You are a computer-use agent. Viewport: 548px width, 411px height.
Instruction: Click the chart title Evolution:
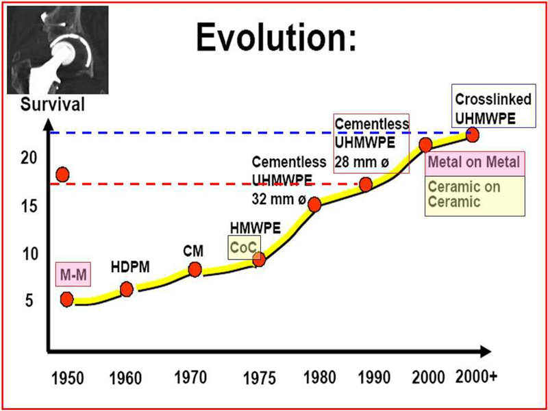[276, 38]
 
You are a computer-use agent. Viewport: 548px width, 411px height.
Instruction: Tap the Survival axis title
[53, 105]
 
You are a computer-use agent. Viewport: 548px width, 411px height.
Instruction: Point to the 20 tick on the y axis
[28, 158]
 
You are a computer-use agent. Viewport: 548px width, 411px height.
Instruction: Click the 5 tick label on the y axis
[29, 300]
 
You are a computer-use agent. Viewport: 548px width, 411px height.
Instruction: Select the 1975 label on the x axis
[260, 379]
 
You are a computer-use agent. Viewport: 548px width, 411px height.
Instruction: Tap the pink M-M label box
[73, 274]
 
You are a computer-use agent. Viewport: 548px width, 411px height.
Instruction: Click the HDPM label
[130, 267]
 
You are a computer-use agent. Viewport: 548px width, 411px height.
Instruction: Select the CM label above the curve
[193, 251]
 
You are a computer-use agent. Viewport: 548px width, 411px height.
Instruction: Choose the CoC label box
[243, 247]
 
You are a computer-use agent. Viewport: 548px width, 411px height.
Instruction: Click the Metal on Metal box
[475, 163]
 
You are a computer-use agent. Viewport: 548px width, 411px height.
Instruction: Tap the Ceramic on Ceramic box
[475, 196]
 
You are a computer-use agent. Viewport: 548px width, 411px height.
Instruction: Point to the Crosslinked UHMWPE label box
[493, 105]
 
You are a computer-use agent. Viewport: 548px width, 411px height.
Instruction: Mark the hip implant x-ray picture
[58, 49]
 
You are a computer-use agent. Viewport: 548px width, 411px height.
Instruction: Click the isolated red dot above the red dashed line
[63, 175]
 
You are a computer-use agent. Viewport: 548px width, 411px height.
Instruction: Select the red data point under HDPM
[127, 289]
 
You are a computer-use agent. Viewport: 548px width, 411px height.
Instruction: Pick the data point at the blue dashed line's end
[472, 135]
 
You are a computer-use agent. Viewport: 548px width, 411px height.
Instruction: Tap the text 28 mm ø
[362, 162]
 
